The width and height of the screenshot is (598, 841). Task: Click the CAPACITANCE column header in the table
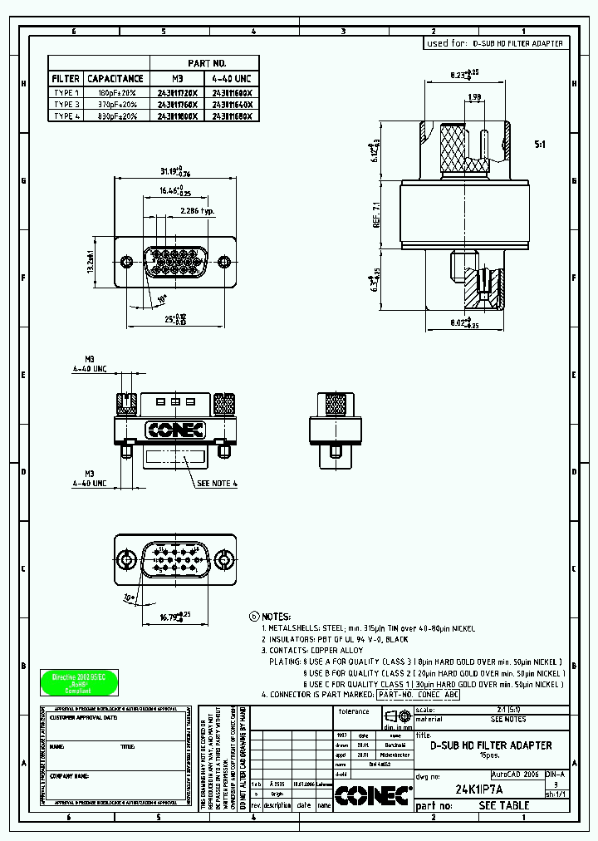(115, 78)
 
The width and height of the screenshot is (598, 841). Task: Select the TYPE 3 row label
(66, 105)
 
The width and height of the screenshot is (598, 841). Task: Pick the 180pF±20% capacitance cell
(115, 92)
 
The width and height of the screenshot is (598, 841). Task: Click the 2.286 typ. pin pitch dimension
(199, 212)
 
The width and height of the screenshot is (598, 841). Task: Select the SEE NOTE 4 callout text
(218, 482)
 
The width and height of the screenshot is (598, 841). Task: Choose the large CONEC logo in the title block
(372, 795)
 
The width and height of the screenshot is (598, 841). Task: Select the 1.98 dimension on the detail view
(474, 98)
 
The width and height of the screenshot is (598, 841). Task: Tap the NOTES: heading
(276, 617)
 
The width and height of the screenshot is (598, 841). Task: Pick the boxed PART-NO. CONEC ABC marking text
(418, 694)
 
